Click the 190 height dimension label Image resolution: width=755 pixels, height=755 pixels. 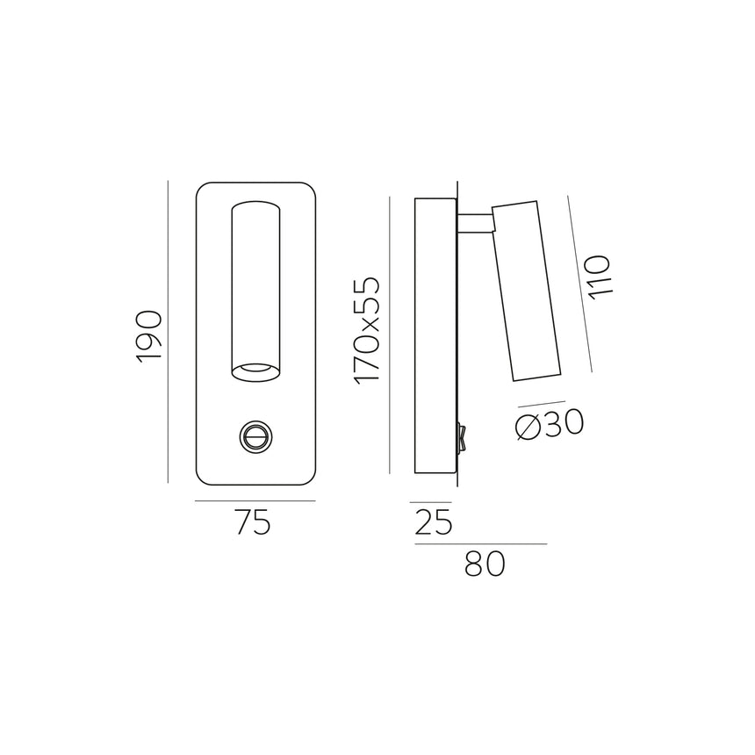(150, 335)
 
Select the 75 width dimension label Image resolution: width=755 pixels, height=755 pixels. (253, 523)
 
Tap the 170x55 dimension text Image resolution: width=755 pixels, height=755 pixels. (367, 329)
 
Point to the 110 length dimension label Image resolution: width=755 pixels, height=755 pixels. (598, 277)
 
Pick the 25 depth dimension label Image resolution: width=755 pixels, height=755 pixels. (431, 523)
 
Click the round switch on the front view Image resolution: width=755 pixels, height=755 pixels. (255, 435)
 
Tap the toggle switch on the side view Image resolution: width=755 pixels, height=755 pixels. (462, 436)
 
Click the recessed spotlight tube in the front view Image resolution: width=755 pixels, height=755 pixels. (255, 281)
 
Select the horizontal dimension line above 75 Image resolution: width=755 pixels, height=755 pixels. (255, 501)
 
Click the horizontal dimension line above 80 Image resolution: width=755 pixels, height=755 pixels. (480, 544)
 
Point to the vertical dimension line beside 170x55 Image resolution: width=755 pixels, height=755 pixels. (389, 335)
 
